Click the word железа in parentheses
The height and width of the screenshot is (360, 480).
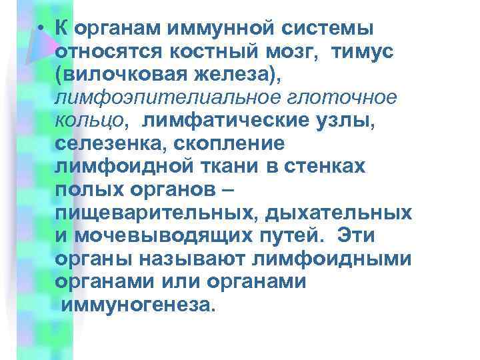coord(230,75)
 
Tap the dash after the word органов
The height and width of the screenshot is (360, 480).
coord(227,189)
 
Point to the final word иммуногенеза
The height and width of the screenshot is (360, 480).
coord(139,305)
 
